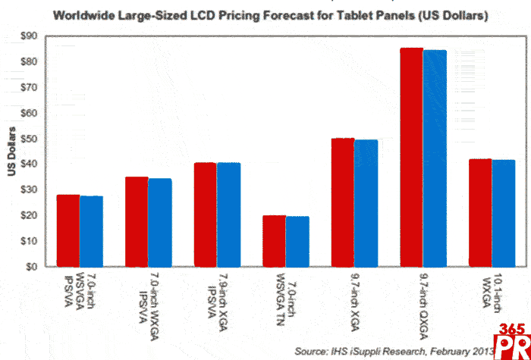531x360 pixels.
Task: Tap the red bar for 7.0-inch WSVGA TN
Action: click(274, 241)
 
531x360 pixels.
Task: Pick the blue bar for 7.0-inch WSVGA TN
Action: click(297, 242)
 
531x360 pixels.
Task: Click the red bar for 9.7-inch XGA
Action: click(342, 202)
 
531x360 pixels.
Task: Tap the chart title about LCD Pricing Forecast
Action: click(266, 15)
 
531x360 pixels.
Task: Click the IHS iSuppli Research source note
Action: click(394, 351)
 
